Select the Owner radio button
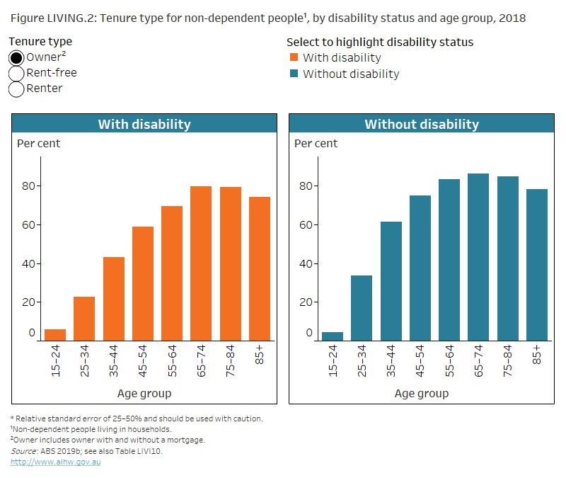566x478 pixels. [17, 58]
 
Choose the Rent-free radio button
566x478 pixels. [17, 74]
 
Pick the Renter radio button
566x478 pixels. [17, 89]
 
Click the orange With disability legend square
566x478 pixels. [294, 58]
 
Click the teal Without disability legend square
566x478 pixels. [294, 74]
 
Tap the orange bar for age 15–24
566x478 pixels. [55, 334]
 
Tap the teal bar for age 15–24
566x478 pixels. [333, 336]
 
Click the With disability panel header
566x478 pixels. [144, 124]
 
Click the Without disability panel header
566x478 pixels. [421, 124]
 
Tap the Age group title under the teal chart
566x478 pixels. [421, 393]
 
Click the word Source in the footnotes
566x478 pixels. [23, 451]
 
